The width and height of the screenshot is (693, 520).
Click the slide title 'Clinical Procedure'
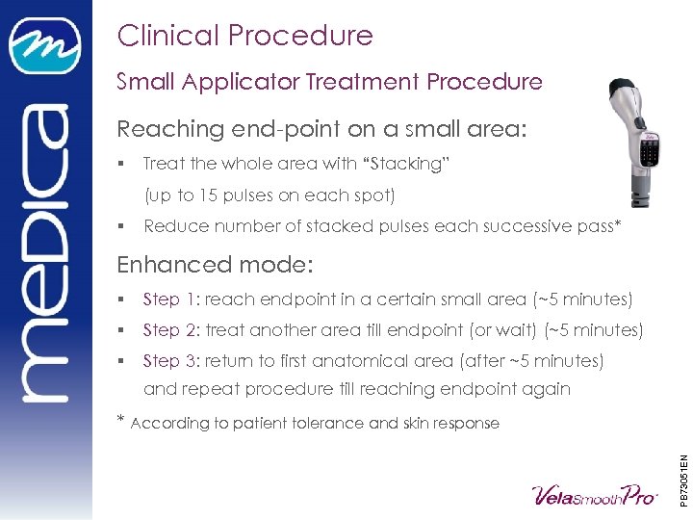coord(244,36)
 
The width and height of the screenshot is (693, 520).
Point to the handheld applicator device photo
coord(637,140)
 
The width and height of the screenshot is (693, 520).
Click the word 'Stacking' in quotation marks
coord(397,164)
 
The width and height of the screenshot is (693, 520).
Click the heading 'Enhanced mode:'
coord(213,263)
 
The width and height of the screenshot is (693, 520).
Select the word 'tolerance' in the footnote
coord(329,423)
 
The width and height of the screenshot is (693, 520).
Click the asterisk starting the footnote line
coord(121,420)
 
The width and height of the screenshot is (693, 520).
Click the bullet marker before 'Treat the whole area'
coord(121,164)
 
